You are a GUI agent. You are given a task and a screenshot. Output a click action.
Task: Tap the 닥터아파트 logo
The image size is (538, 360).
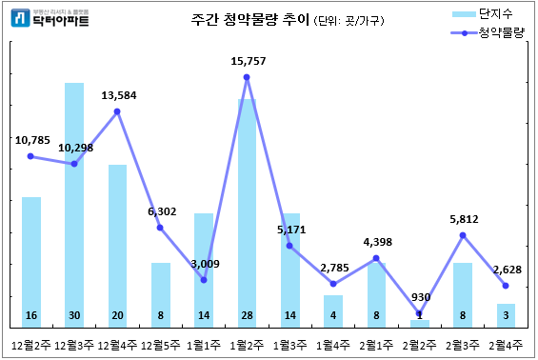pyautogui.click(x=50, y=16)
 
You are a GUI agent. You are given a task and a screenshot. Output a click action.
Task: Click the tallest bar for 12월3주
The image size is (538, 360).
pyautogui.click(x=74, y=200)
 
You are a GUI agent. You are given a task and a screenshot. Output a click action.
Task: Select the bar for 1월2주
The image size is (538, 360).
pyautogui.click(x=247, y=210)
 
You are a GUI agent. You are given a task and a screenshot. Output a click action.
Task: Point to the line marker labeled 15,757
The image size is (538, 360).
pyautogui.click(x=247, y=77)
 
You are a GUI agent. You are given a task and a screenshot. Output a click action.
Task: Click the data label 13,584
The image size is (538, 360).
pyautogui.click(x=119, y=94)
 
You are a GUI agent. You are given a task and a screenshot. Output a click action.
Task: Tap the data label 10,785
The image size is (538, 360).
pyautogui.click(x=33, y=140)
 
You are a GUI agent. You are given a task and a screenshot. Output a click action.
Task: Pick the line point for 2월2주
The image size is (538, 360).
pyautogui.click(x=419, y=313)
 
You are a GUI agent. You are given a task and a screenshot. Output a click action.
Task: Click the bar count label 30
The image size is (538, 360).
pyautogui.click(x=74, y=315)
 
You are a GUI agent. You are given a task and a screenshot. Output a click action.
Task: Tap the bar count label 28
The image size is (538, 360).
pyautogui.click(x=247, y=315)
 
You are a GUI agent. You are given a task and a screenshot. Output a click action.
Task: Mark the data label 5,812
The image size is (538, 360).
pyautogui.click(x=463, y=219)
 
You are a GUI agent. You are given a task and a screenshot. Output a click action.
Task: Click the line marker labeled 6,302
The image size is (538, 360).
pyautogui.click(x=161, y=228)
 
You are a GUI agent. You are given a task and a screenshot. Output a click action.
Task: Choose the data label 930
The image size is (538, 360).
pyautogui.click(x=419, y=297)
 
